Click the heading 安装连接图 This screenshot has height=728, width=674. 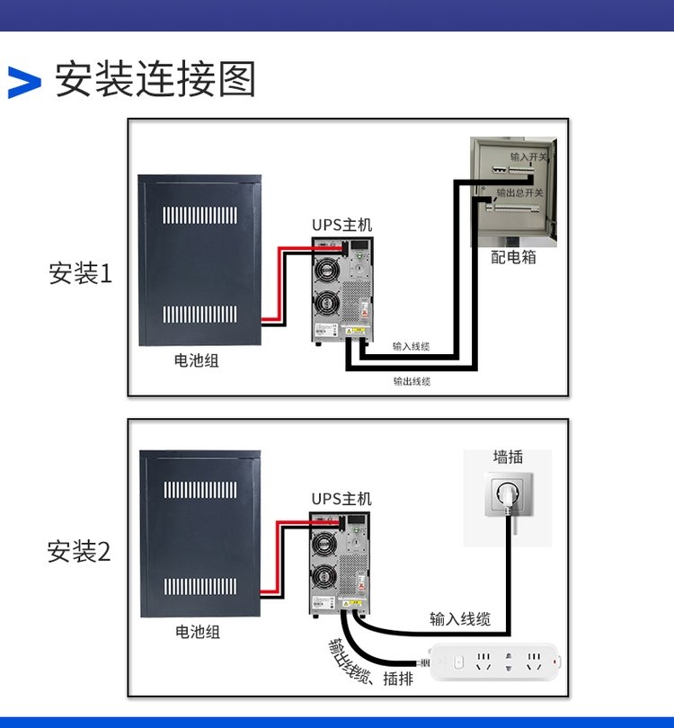click(155, 80)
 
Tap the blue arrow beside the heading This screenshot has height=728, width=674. click(24, 82)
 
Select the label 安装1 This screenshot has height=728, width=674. click(81, 273)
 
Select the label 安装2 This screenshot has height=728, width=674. click(79, 551)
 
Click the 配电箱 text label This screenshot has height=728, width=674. click(514, 257)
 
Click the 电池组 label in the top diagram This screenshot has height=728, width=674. click(196, 361)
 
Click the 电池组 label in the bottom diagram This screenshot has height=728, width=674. click(197, 632)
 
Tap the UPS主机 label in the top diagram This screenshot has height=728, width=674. click(341, 225)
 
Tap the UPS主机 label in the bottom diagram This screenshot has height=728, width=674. click(341, 499)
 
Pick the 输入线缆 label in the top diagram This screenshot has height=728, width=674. click(412, 346)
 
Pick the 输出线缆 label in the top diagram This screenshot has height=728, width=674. click(412, 381)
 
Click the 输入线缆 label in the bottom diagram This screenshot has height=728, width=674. click(460, 618)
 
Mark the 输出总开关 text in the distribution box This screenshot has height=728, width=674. click(520, 192)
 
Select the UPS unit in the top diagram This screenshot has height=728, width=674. click(342, 289)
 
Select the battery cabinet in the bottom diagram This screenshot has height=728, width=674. click(200, 533)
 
